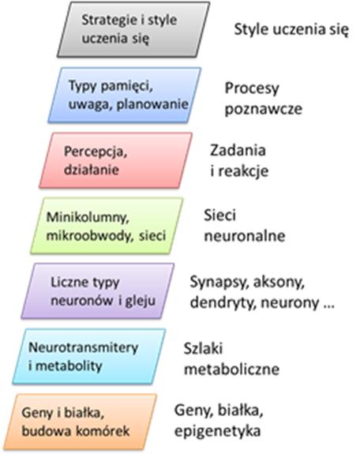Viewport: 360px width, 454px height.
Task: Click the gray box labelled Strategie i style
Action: pos(133,29)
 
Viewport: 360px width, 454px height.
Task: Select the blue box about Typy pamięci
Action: pos(125,95)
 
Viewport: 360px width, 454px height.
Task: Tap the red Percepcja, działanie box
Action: pos(115,160)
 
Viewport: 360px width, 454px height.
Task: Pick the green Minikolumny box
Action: pos(107,226)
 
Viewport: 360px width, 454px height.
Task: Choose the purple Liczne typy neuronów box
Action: pos(98,291)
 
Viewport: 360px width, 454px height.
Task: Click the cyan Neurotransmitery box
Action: pos(89,357)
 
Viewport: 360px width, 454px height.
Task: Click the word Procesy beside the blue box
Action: pos(252,89)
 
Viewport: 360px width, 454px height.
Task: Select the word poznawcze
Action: pos(264,109)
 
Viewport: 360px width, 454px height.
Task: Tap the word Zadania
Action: pos(238,150)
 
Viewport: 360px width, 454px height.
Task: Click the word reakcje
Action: pos(243,171)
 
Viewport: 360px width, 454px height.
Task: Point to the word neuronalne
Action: pos(245,236)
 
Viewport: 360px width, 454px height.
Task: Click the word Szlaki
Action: pos(204,348)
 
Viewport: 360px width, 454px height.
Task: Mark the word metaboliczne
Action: pos(231,370)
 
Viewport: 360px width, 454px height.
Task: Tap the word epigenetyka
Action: pos(218,431)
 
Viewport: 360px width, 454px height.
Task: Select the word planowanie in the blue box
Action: pos(152,104)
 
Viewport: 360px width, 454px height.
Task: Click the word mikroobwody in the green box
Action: pos(90,236)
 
